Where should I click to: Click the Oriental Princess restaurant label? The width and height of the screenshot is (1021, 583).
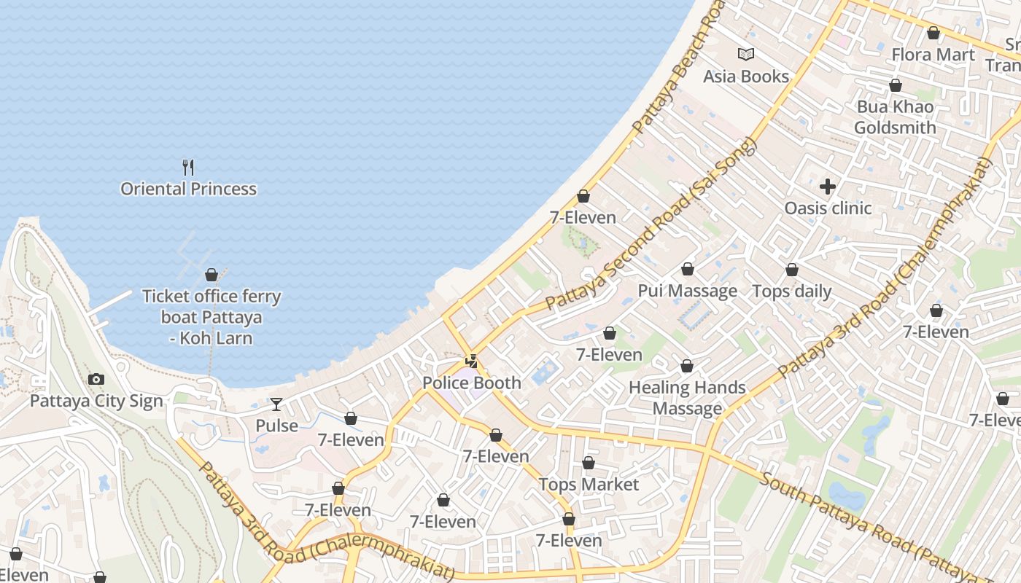pyautogui.click(x=188, y=189)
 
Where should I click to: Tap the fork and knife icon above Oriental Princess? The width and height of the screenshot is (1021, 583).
pyautogui.click(x=188, y=168)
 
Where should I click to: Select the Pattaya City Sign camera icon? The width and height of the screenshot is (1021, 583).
pyautogui.click(x=96, y=379)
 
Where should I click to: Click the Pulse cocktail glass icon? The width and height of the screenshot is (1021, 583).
pyautogui.click(x=276, y=404)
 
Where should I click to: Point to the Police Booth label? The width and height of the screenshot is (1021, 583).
pyautogui.click(x=472, y=383)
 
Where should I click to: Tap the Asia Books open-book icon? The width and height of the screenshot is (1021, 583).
pyautogui.click(x=745, y=54)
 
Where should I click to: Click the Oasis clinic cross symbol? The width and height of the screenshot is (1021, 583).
pyautogui.click(x=827, y=187)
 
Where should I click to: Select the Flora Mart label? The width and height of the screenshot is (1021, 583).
pyautogui.click(x=933, y=55)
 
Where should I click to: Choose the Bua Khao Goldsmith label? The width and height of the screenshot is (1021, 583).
pyautogui.click(x=895, y=117)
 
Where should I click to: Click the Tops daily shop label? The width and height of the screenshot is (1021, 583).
pyautogui.click(x=791, y=291)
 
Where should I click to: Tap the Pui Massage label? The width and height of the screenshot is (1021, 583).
pyautogui.click(x=687, y=291)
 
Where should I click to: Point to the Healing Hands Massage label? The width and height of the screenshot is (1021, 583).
pyautogui.click(x=687, y=398)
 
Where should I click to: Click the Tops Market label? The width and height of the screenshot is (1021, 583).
pyautogui.click(x=589, y=485)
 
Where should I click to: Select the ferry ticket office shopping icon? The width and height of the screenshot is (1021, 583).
pyautogui.click(x=211, y=275)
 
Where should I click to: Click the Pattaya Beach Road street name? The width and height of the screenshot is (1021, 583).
pyautogui.click(x=680, y=68)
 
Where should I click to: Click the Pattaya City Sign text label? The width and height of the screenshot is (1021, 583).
pyautogui.click(x=96, y=401)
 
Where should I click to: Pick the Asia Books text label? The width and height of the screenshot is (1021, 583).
pyautogui.click(x=745, y=77)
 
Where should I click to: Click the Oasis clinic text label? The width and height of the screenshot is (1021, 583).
pyautogui.click(x=828, y=208)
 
